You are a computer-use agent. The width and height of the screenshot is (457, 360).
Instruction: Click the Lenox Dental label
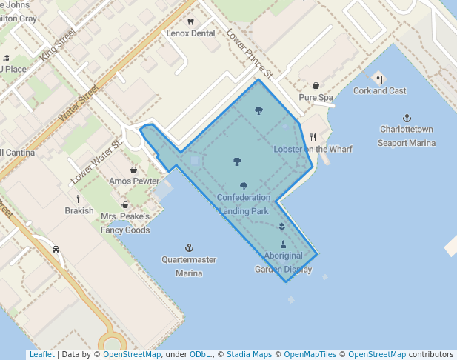190,33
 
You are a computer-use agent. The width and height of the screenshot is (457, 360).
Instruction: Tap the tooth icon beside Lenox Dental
190,21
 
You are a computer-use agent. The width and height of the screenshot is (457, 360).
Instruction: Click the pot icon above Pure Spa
316,86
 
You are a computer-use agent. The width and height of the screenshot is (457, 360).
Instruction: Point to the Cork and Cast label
379,90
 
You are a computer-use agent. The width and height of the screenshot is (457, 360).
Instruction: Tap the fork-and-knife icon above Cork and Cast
379,79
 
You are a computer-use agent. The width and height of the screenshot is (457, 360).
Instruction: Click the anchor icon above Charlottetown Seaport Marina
407,118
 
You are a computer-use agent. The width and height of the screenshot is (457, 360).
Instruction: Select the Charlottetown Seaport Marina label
407,136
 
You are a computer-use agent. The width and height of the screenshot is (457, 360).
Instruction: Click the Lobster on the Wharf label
313,149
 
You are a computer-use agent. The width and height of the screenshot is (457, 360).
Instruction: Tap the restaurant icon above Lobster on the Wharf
313,137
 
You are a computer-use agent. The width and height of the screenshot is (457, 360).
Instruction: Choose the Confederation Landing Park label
244,204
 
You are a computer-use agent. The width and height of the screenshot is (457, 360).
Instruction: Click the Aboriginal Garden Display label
283,262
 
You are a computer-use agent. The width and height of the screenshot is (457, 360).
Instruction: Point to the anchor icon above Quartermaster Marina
189,247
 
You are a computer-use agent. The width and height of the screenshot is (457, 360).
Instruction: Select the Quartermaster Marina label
189,266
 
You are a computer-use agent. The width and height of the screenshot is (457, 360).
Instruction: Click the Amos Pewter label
133,181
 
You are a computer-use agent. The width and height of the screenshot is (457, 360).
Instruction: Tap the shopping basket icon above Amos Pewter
133,170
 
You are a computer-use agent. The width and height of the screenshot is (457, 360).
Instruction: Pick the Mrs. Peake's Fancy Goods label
125,223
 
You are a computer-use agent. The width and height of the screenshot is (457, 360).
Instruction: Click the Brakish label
79,210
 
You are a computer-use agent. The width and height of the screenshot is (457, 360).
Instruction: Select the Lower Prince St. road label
250,54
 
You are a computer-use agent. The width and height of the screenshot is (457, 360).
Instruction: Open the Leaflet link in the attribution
41,354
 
